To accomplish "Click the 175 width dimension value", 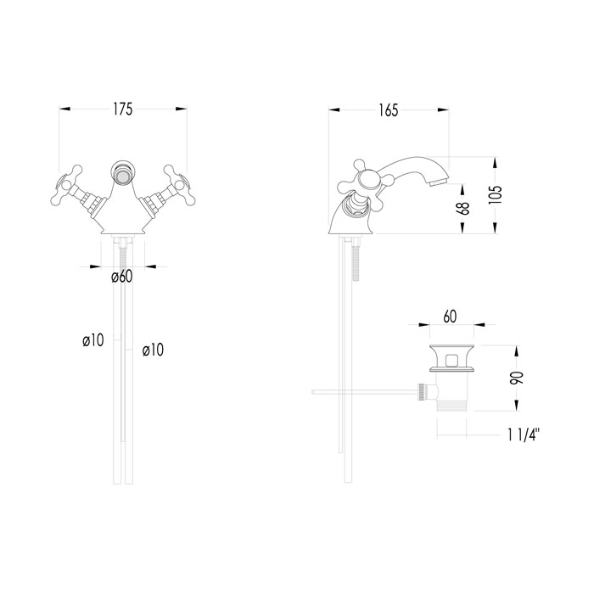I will tap(123, 110).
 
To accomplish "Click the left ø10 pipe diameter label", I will tap(93, 340).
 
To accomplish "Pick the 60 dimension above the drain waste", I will tap(451, 317).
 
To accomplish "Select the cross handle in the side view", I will tap(366, 181).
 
